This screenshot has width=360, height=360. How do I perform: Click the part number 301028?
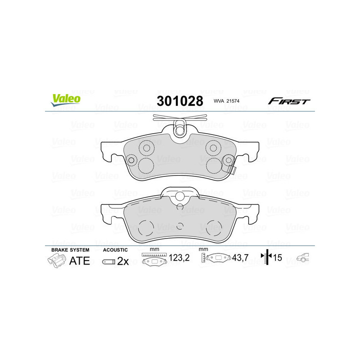pos(180,101)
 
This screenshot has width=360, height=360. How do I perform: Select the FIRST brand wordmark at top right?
pos(288,101)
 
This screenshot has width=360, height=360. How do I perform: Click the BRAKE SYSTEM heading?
pos(70,250)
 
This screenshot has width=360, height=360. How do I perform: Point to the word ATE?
pos(79,261)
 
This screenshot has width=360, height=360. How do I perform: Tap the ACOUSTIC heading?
pos(115,250)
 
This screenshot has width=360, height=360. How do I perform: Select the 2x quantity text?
pos(123,261)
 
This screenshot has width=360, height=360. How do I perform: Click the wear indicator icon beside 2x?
pos(108,261)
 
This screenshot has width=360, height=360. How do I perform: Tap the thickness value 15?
pos(278,258)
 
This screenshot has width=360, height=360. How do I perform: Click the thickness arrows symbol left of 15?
pos(266,258)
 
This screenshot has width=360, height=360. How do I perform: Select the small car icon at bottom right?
pos(303,258)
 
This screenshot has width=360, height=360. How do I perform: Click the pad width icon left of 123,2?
pos(153,259)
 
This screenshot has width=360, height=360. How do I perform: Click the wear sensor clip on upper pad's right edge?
pos(234,170)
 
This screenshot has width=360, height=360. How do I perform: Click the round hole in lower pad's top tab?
pos(180,196)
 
